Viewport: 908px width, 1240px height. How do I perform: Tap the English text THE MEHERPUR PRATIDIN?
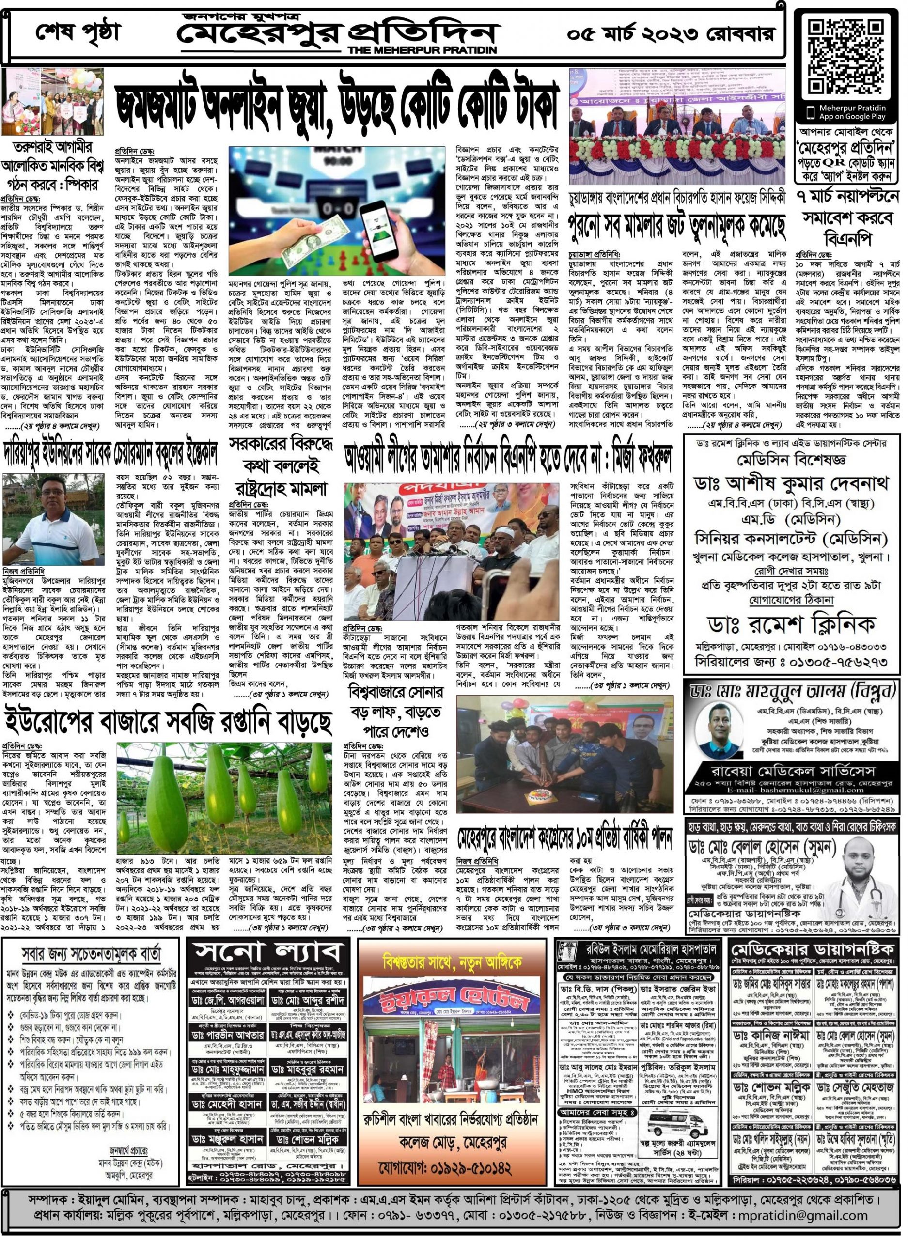[x=422, y=50]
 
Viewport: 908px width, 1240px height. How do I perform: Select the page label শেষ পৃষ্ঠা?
[x=77, y=32]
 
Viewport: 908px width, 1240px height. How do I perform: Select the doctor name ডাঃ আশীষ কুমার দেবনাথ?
[x=792, y=484]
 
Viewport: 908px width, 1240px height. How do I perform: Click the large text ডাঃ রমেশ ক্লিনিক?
[x=792, y=624]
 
